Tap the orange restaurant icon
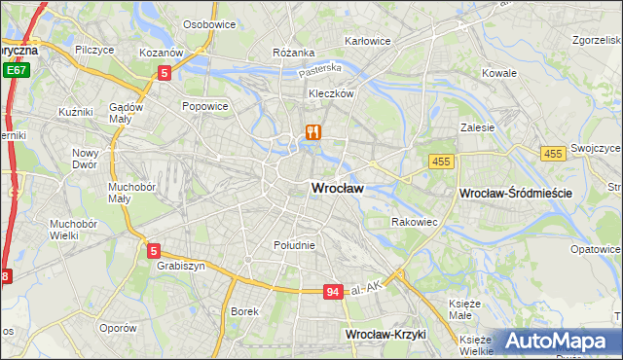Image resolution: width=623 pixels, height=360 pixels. tap(312, 132)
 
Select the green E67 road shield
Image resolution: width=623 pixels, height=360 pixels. tap(16, 71)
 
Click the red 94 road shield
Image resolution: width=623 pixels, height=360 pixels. tap(333, 292)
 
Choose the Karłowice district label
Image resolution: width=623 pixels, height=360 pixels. tap(368, 41)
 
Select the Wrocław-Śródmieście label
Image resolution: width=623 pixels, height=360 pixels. tap(515, 195)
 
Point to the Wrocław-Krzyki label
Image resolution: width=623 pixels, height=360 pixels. tap(386, 334)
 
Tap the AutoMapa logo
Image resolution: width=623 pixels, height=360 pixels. tap(557, 342)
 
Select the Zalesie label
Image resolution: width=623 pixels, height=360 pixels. tap(478, 126)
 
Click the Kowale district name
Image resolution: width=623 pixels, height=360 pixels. tap(498, 73)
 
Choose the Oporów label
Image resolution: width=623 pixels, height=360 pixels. tap(118, 328)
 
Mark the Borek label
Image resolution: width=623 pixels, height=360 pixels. tap(243, 311)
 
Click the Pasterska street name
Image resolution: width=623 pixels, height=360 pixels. tap(320, 69)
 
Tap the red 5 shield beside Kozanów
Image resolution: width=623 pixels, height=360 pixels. tap(165, 72)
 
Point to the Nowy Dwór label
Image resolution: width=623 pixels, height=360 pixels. tap(87, 159)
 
